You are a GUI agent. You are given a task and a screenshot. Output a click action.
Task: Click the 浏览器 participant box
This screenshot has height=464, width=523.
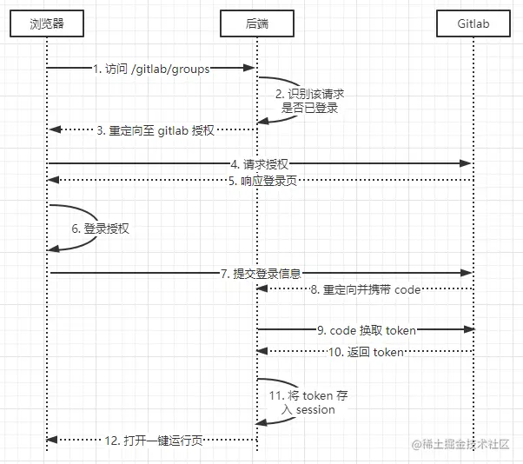[47, 24]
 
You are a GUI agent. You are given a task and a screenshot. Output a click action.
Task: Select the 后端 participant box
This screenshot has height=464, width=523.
[257, 24]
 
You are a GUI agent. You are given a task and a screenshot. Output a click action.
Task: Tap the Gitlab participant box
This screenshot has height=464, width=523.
[473, 24]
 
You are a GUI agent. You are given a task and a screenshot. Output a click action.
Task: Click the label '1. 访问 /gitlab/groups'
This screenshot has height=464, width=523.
[151, 69]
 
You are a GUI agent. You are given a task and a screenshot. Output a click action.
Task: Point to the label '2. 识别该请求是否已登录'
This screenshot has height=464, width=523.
[311, 101]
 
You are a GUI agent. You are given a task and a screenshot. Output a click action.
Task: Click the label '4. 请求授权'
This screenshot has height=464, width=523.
[259, 163]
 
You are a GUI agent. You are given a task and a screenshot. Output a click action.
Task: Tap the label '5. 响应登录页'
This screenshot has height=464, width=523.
[259, 180]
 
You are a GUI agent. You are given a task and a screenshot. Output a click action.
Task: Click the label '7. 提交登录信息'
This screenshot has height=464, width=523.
[261, 273]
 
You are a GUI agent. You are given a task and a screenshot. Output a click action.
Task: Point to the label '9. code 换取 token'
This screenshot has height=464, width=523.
[366, 330]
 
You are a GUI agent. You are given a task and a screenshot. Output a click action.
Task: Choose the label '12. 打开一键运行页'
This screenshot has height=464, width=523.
[153, 441]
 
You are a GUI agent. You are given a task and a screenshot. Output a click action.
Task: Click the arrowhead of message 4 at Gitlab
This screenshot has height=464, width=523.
[467, 163]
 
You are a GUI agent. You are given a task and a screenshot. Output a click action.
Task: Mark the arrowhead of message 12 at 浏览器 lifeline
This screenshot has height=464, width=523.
[53, 441]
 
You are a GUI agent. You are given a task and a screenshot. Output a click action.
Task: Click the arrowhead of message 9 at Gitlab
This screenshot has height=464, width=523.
[467, 330]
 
